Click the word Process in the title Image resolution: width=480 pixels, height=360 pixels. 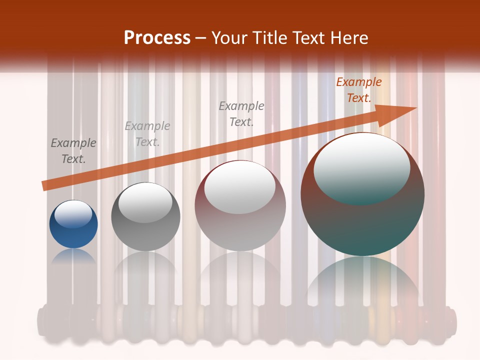point(157,38)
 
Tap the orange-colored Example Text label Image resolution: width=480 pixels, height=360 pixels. point(359,90)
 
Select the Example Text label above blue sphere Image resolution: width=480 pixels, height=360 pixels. point(73,151)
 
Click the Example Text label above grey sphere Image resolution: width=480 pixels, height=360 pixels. point(147,134)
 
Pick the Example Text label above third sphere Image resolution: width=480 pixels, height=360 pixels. point(241,114)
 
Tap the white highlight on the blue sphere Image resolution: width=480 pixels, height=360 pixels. point(73,214)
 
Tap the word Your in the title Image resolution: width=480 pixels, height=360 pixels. point(229,38)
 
